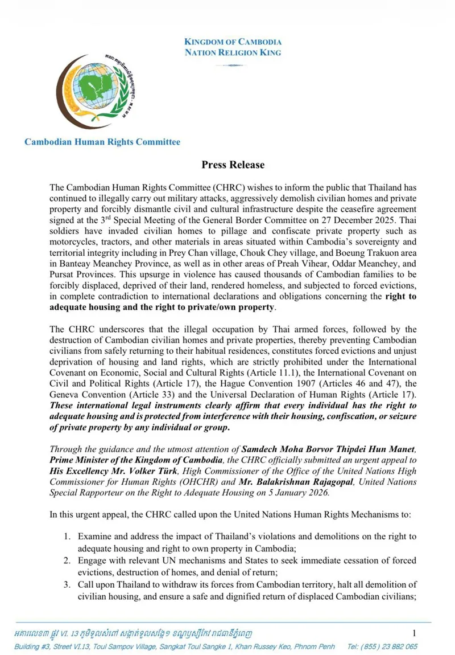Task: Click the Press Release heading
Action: coord(233,165)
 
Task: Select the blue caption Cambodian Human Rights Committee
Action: coord(102,142)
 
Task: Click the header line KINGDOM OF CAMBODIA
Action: coord(233,42)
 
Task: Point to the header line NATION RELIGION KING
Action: coord(233,52)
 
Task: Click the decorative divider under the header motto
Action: coord(233,65)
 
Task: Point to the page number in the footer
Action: coord(414,633)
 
